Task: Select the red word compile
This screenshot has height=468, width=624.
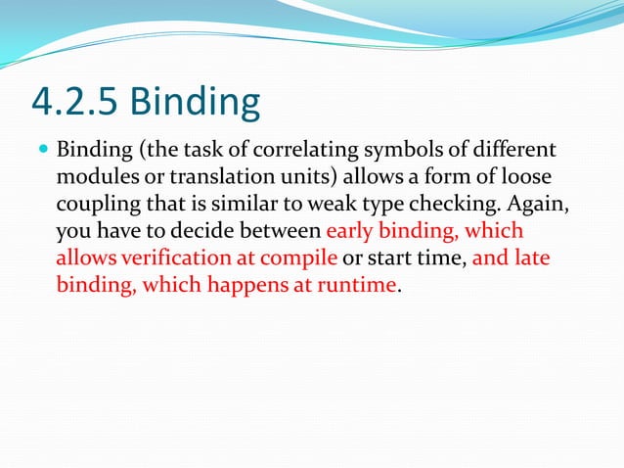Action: pos(302,259)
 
